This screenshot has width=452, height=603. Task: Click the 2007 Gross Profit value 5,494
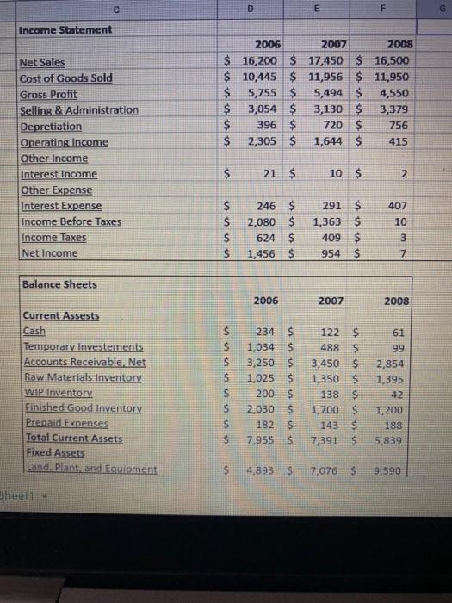tap(330, 94)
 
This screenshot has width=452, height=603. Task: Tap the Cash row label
tap(35, 331)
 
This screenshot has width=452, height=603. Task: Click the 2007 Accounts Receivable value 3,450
tap(328, 363)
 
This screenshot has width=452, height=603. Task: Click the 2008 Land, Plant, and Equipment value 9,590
tap(397, 472)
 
